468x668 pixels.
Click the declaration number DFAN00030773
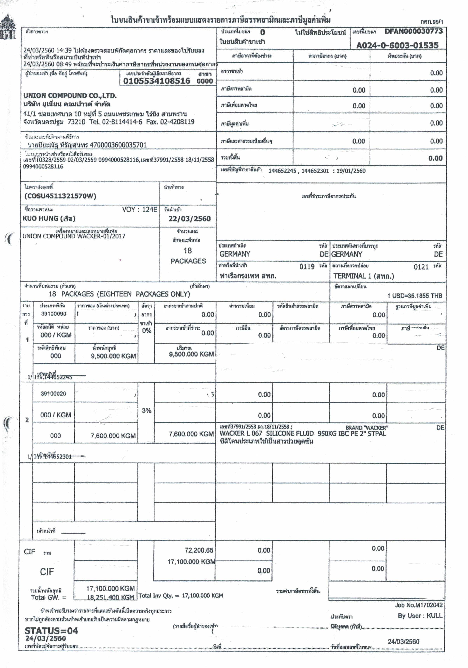point(413,31)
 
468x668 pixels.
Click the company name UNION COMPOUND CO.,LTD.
point(70,95)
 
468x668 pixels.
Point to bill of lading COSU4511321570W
point(60,196)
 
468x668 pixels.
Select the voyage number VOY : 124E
point(140,210)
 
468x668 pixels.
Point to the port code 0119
point(307,266)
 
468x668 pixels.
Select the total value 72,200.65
point(199,550)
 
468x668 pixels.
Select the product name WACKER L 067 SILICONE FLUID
point(266,433)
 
